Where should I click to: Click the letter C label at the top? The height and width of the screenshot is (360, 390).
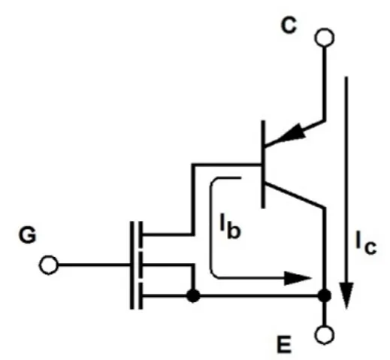pos(289,26)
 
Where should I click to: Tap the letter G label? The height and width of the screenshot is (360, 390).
pos(28,235)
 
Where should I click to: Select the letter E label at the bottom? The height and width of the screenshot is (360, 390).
pos(284,344)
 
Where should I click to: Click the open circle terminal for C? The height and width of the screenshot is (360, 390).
pos(325,38)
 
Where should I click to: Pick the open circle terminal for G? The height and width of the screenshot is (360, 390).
pos(49,265)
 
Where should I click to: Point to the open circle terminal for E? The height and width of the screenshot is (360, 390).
pos(325,335)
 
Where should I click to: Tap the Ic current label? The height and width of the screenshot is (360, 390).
pos(366,243)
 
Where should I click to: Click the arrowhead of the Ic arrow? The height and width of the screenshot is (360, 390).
pos(346,295)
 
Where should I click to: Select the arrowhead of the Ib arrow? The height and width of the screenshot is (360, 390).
pos(298,278)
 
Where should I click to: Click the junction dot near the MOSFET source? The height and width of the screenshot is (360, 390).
pos(193,296)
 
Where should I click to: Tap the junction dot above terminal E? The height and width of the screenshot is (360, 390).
pos(325,296)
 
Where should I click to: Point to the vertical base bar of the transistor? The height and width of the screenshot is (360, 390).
pos(263,165)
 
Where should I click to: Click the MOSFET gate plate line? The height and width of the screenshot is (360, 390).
pos(132,265)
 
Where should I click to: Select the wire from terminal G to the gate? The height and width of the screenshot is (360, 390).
pos(94,265)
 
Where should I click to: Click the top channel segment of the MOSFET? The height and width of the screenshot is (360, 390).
pos(141,234)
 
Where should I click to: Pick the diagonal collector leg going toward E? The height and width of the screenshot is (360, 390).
pos(295,195)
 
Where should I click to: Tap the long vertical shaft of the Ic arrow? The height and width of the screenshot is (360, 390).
pos(346,180)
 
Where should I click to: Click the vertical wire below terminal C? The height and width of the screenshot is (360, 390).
pos(325,83)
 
